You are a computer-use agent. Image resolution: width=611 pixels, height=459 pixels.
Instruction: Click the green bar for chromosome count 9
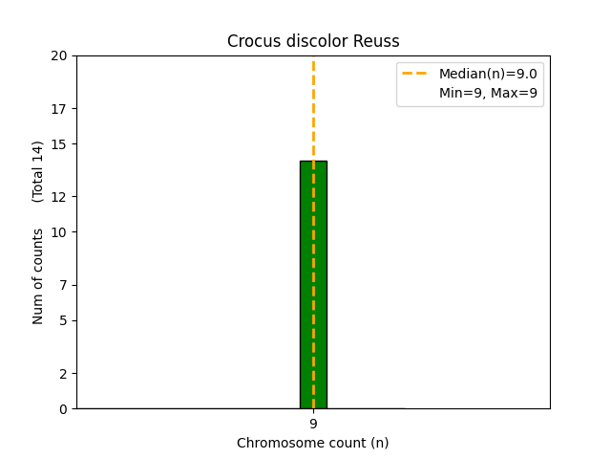313,287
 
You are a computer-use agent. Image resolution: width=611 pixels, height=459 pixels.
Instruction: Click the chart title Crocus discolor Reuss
313,41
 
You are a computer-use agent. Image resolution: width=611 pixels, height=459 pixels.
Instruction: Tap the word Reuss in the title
378,41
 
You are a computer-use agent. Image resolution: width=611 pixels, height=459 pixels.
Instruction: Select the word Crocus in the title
251,41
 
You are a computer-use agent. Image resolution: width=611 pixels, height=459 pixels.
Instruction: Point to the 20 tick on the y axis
59,55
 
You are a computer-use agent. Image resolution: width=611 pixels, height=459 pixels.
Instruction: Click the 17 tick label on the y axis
59,109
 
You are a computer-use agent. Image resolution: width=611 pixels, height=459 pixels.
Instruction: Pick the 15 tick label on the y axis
59,144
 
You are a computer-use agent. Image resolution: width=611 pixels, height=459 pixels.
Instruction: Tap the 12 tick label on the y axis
59,197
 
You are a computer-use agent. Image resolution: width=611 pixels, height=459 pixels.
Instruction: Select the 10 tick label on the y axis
59,232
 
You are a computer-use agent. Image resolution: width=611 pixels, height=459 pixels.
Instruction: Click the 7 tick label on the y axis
62,285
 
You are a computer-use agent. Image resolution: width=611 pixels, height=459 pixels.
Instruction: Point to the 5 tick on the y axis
62,320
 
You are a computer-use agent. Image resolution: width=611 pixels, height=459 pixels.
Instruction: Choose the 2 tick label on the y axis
62,374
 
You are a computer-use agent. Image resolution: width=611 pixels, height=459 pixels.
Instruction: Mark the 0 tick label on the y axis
62,409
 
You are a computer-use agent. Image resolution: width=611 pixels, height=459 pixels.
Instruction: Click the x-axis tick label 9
313,424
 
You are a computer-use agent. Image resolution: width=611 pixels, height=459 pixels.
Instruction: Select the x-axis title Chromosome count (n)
313,443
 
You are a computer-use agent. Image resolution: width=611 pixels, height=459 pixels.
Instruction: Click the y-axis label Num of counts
38,275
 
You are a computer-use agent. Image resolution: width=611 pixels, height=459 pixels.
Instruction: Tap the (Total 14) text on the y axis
38,171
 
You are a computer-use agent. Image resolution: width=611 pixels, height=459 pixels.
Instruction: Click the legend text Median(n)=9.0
487,74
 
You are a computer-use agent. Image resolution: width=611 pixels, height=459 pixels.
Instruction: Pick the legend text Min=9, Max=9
487,93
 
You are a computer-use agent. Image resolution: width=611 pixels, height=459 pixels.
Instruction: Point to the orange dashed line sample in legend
418,74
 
